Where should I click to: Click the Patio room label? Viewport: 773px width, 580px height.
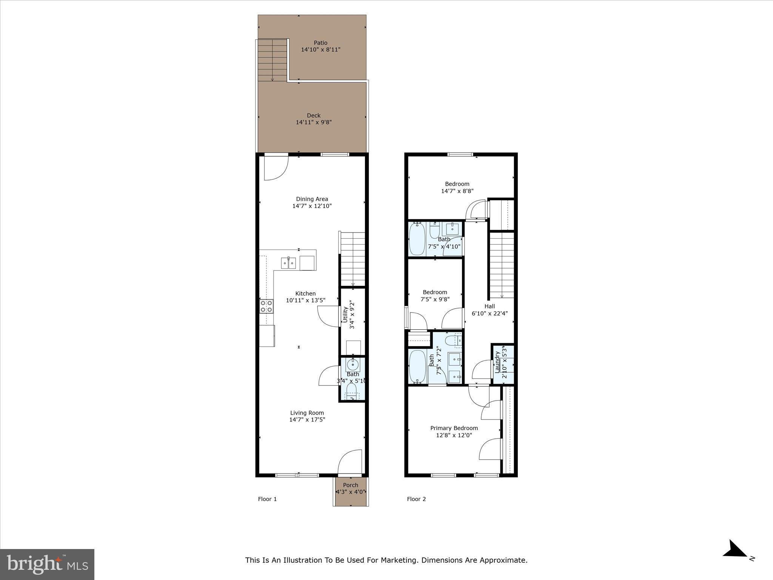320,43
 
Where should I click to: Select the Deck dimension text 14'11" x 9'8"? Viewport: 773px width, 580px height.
314,122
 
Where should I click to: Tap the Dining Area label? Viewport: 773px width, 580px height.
312,199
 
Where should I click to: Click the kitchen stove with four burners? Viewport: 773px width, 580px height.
266,306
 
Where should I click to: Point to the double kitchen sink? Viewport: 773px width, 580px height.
288,263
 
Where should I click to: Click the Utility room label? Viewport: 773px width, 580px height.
345,315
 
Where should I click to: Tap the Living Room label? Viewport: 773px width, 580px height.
307,413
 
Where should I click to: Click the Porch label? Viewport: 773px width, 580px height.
351,485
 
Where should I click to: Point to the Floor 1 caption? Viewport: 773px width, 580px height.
267,499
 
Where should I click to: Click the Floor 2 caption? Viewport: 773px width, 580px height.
416,499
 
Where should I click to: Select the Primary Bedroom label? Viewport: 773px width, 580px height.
454,428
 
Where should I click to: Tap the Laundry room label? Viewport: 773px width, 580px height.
497,362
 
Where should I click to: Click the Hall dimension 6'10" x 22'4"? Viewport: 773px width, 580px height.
490,313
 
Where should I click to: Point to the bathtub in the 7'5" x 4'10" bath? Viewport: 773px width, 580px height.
417,239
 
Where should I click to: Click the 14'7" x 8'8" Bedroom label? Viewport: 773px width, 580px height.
457,184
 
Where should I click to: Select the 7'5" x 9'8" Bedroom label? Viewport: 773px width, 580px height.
435,292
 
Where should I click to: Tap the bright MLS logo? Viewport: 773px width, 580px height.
47,564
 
